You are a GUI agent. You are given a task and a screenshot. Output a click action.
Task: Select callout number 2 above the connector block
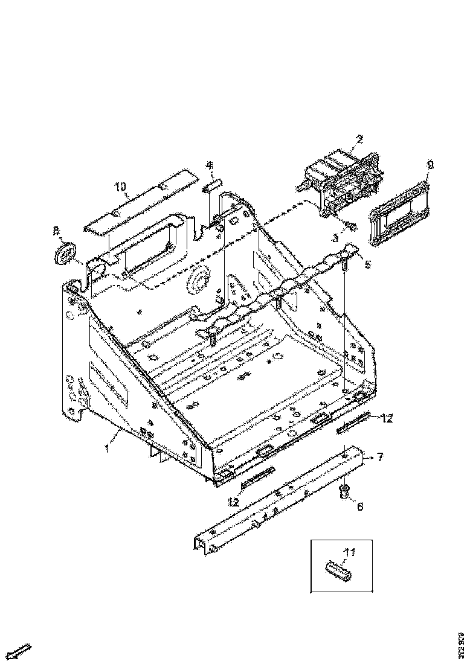tap(359, 139)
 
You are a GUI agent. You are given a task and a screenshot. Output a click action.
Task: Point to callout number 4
tap(209, 165)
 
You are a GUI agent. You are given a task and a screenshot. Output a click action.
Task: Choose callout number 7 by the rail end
tap(380, 457)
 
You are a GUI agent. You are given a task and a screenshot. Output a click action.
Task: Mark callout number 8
tap(56, 231)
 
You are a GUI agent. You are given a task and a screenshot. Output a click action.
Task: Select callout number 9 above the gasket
tap(430, 164)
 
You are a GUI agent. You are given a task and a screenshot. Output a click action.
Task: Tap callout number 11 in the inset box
tap(349, 552)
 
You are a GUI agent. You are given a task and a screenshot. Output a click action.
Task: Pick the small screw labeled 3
tap(350, 226)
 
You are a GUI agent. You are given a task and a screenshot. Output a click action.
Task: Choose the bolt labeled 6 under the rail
tap(345, 490)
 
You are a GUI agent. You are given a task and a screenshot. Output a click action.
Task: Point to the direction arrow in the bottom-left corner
tap(21, 651)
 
